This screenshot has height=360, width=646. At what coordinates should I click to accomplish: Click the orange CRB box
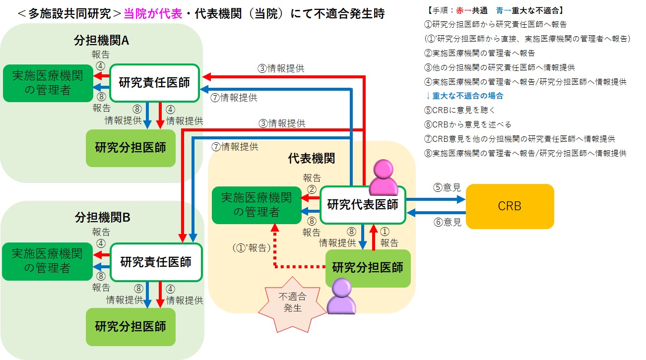(x=510, y=206)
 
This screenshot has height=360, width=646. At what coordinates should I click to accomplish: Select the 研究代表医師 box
(x=363, y=205)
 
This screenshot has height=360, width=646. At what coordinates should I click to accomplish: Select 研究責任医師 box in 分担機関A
(x=154, y=83)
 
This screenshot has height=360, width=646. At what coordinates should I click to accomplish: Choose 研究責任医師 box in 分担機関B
(x=155, y=262)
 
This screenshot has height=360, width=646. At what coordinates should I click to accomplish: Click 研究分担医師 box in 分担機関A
(x=130, y=148)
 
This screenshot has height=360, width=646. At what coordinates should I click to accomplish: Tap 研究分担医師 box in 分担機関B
(x=130, y=327)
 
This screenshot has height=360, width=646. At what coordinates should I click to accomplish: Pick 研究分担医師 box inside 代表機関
(x=368, y=268)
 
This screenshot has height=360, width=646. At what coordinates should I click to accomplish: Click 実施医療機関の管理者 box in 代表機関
(x=257, y=205)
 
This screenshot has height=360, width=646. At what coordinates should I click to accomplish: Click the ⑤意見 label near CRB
(x=447, y=187)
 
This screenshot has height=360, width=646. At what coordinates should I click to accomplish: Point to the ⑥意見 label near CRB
(x=447, y=223)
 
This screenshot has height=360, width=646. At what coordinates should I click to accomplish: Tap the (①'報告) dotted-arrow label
(x=251, y=246)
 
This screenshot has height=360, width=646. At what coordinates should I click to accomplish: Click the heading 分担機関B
(x=102, y=217)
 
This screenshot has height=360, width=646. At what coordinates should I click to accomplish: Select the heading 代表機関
(x=311, y=159)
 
